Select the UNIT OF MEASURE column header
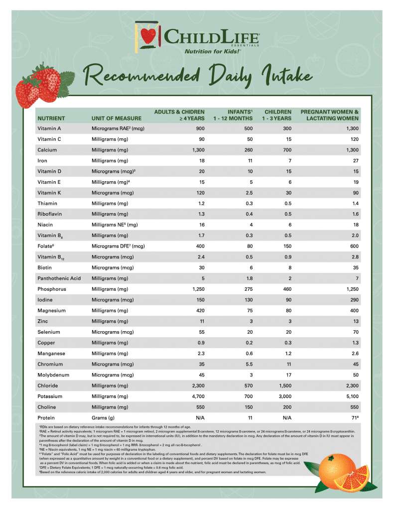116,119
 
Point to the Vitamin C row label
49,139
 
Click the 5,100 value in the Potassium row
351,396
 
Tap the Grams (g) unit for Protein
103,418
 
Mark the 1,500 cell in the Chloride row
283,385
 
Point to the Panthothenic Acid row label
59,278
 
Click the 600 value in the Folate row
354,247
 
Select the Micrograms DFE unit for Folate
118,247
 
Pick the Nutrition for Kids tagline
213,51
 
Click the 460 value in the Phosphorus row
286,289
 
